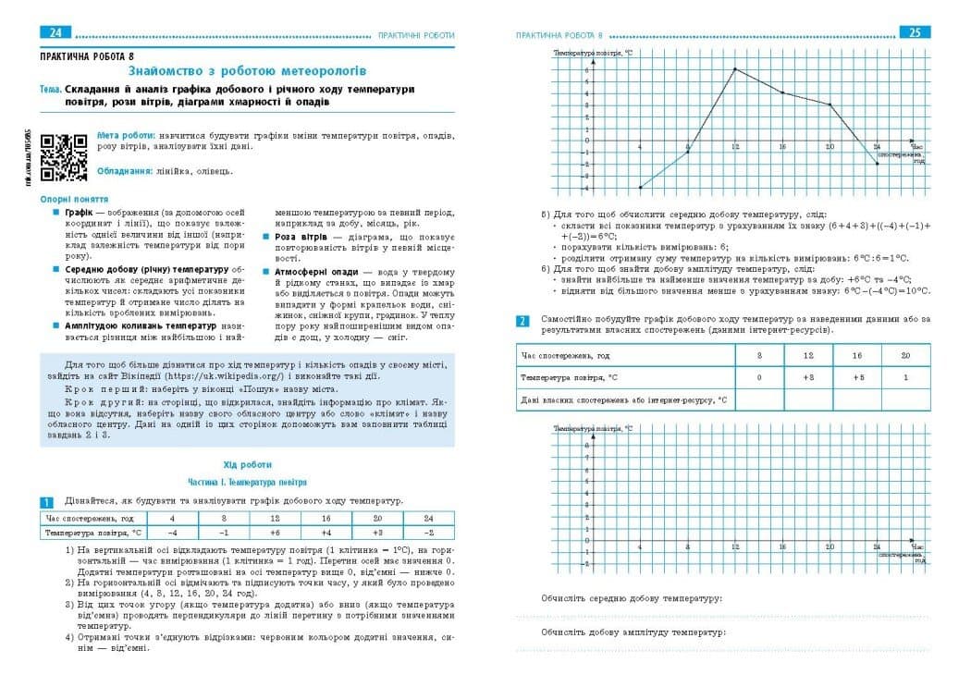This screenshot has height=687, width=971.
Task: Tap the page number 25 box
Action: (915, 33)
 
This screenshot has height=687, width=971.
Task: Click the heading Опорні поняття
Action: (74, 199)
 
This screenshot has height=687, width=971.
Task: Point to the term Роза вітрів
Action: (296, 238)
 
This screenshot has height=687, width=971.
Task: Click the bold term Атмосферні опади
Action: (314, 272)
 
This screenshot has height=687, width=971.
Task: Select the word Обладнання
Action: (124, 170)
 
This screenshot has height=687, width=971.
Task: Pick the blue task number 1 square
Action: (46, 502)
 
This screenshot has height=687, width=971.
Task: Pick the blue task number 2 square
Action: (522, 321)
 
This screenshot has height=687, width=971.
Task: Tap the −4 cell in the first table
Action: (170, 533)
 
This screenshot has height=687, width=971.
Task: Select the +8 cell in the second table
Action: (808, 377)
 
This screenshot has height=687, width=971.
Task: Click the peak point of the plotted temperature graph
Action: (735, 69)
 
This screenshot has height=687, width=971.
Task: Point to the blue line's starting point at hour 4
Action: (640, 188)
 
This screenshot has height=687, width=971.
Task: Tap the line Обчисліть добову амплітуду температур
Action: (633, 632)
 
